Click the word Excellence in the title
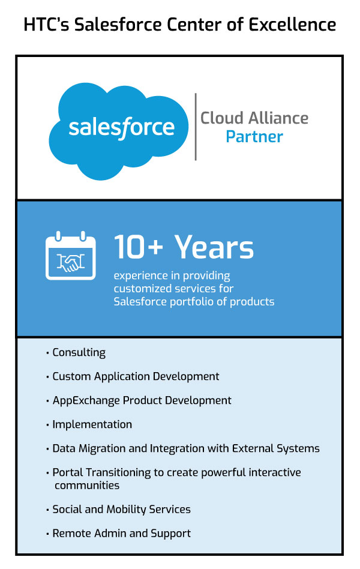click(292, 25)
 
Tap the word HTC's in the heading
click(46, 25)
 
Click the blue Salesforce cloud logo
click(119, 131)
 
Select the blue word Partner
click(254, 137)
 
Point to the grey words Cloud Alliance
click(254, 118)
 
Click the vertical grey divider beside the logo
click(196, 127)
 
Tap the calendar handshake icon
click(71, 256)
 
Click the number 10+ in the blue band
click(139, 247)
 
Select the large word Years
click(214, 247)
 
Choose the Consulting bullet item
click(76, 352)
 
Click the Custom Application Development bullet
click(133, 376)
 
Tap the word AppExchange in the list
click(86, 400)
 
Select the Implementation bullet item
click(89, 424)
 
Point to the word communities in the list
click(87, 486)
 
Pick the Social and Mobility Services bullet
click(118, 509)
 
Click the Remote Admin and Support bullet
click(118, 534)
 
